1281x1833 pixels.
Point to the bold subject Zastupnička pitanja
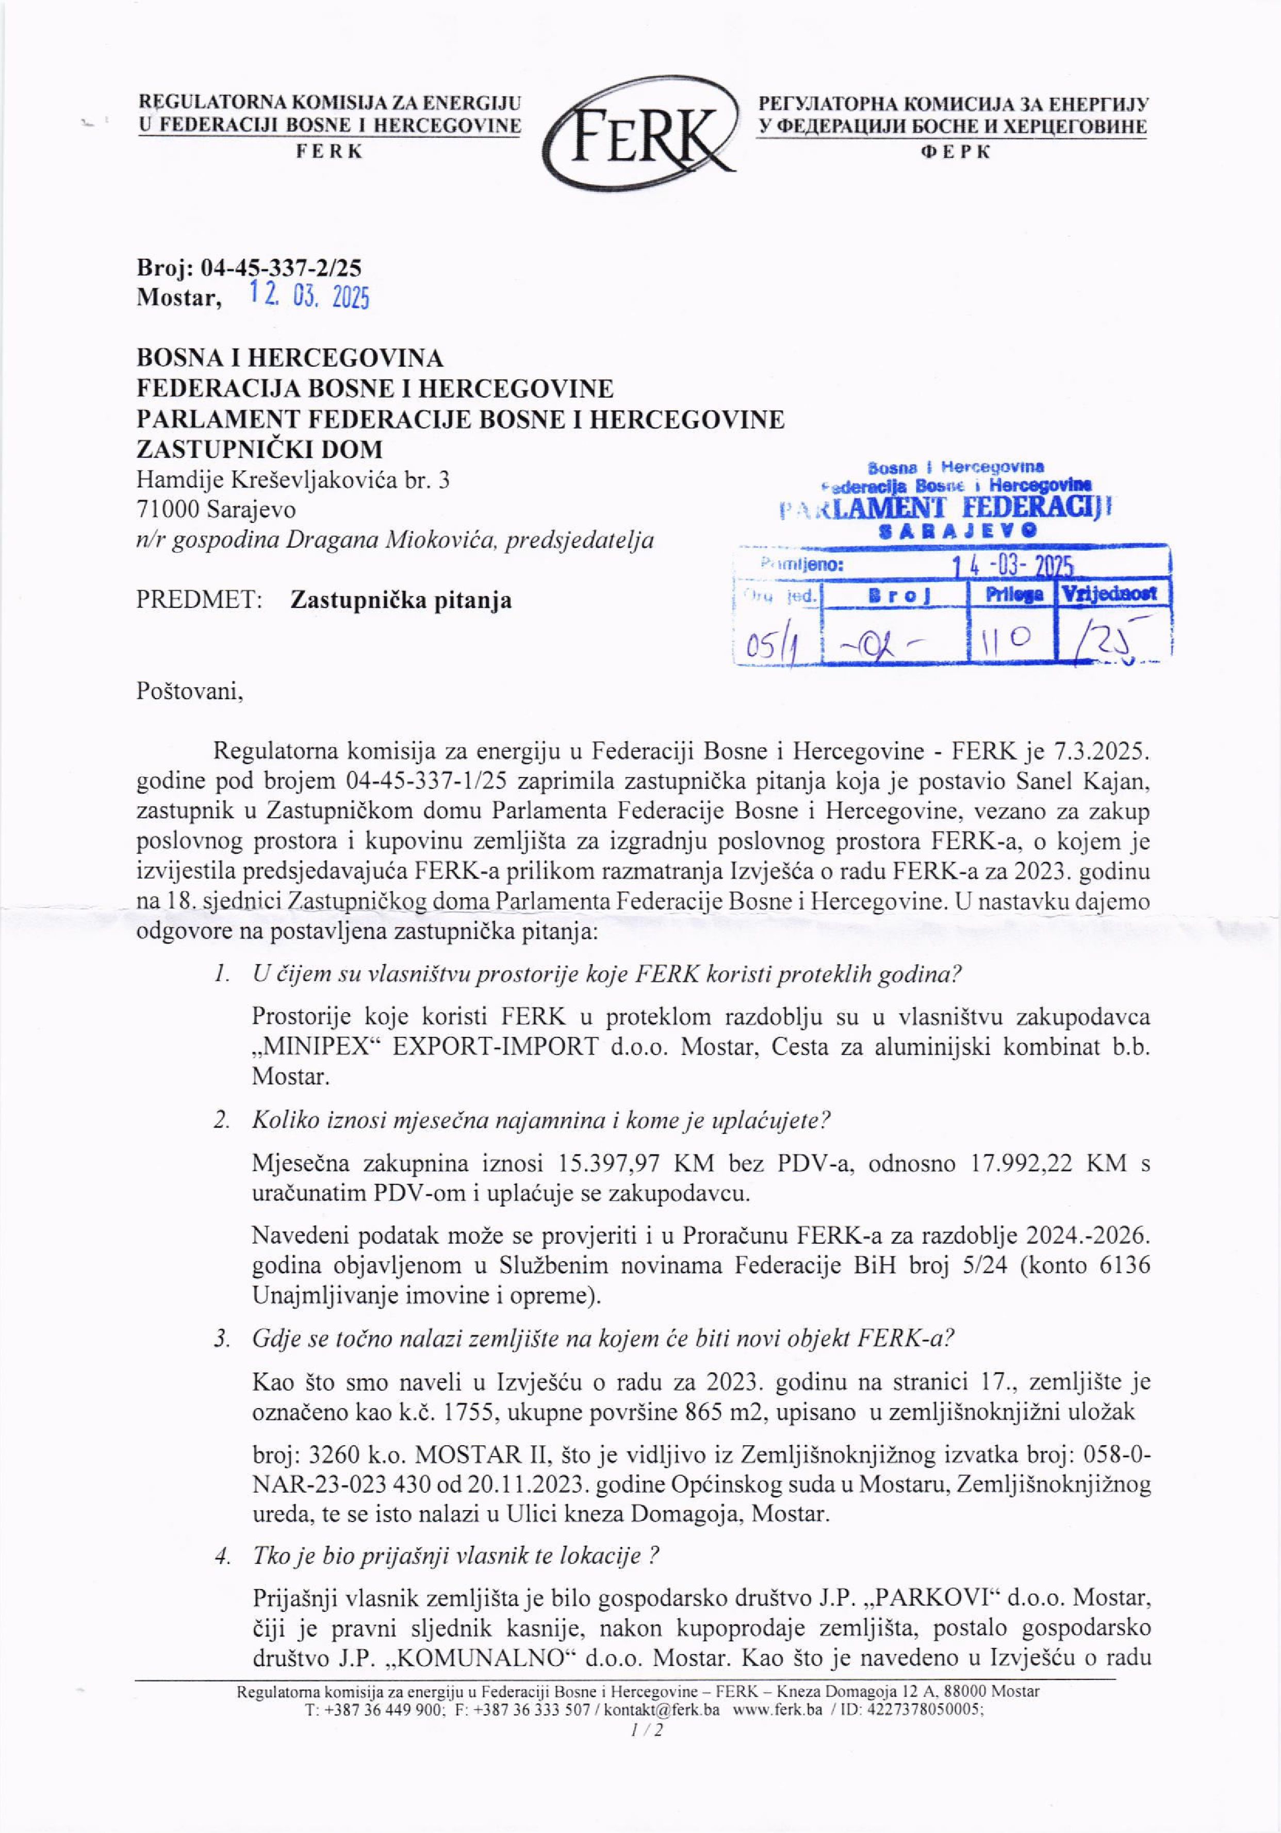401,600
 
